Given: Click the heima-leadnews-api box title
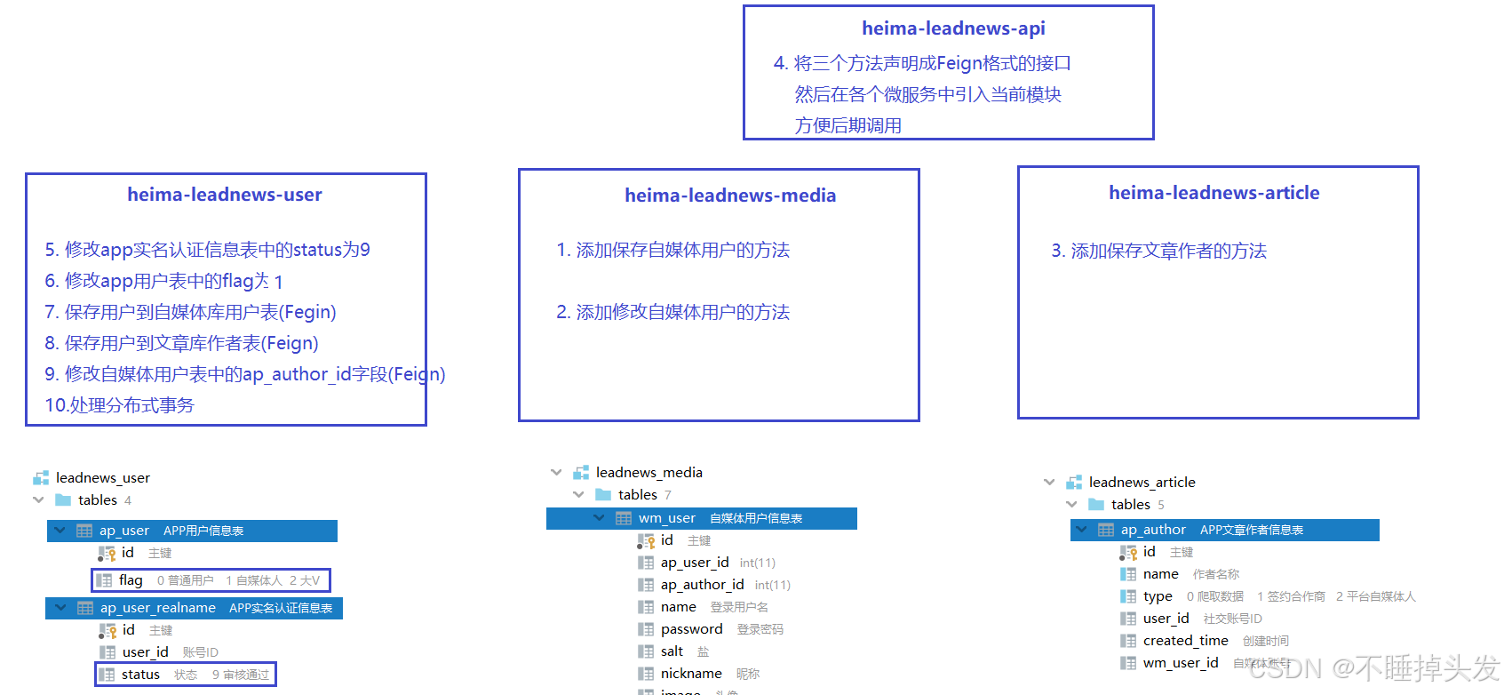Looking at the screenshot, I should [x=953, y=28].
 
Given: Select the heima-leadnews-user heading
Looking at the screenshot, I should [x=224, y=195].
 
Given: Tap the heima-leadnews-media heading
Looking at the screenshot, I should [x=729, y=196].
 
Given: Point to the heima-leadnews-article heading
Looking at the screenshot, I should [x=1214, y=193].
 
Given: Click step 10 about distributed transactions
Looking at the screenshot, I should [x=119, y=405].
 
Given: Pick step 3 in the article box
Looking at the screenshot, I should [x=1158, y=251].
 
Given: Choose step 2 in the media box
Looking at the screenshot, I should [x=672, y=312].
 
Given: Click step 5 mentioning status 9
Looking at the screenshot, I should [x=207, y=250].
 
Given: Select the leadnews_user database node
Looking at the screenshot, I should [x=102, y=478].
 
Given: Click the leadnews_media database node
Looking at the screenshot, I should [x=649, y=473].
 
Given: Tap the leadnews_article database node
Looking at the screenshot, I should [x=1142, y=483].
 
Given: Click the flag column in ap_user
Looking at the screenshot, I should [x=131, y=580].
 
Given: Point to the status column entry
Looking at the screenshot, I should [x=140, y=675].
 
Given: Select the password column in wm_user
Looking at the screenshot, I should [x=691, y=629].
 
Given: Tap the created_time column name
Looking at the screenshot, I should [x=1185, y=641].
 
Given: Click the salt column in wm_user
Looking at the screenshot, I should [x=672, y=651].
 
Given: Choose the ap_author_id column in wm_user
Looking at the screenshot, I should [x=702, y=585].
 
